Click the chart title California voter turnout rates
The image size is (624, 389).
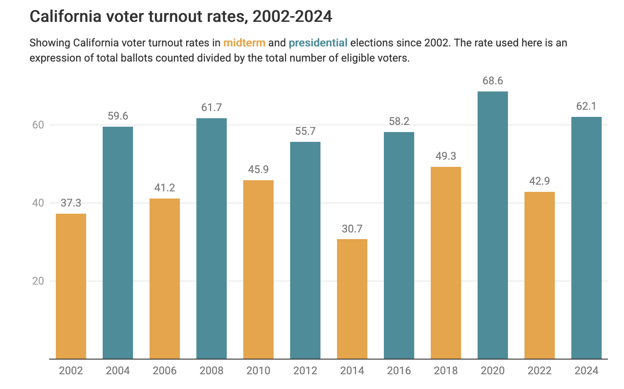(x=181, y=17)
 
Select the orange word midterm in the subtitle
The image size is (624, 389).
(x=244, y=43)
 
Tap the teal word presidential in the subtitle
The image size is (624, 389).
(x=318, y=43)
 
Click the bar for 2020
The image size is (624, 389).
(x=492, y=225)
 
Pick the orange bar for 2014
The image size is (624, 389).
(x=352, y=299)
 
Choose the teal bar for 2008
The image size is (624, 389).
(x=212, y=239)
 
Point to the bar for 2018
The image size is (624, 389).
(x=445, y=263)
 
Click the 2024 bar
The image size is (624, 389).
(x=586, y=238)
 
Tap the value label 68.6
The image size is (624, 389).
(x=492, y=81)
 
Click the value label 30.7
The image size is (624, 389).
(x=352, y=229)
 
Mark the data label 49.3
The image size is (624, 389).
(x=445, y=156)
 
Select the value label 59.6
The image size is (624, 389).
(x=118, y=116)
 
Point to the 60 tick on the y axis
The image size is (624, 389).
(x=38, y=125)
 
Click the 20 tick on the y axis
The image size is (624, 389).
(x=38, y=281)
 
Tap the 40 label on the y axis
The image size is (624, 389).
(x=38, y=203)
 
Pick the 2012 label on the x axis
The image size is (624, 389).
(x=305, y=371)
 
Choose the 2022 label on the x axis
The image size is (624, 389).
(x=539, y=371)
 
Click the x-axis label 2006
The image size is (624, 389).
(x=165, y=371)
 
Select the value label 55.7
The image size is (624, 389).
(x=305, y=131)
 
